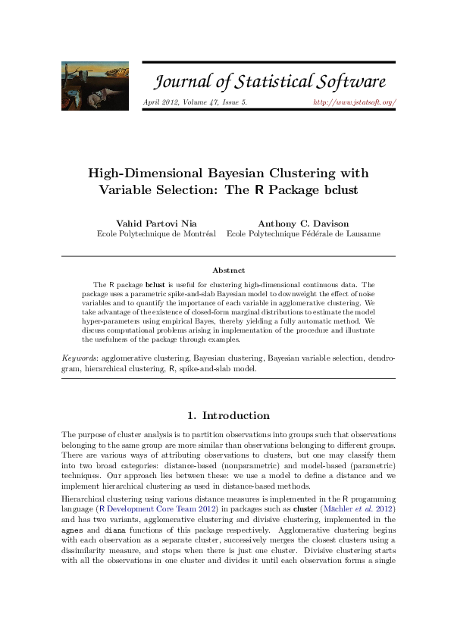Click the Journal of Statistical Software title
tap(270, 82)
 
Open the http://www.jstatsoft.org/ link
tap(355, 101)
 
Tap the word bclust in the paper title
tap(337, 189)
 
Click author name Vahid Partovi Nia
tap(156, 224)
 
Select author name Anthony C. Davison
tap(303, 224)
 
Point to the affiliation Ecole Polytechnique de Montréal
tap(156, 234)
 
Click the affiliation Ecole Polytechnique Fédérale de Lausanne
tap(303, 234)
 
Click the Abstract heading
tap(228, 270)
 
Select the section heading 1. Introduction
tap(228, 415)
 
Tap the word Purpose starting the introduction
tap(89, 434)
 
